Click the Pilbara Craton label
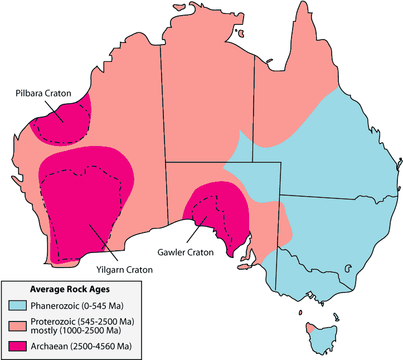43,93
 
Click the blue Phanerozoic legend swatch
18,306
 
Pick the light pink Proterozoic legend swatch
18,326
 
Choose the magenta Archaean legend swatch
18,346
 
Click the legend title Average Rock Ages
69,290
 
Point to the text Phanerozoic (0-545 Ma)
77,306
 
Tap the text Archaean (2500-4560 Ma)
81,346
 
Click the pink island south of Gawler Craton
244,267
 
